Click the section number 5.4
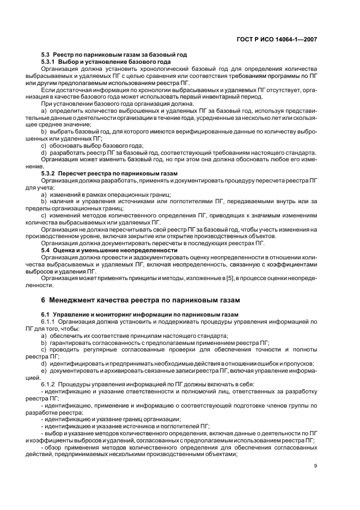click(47, 250)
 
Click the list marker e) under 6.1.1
click(44, 371)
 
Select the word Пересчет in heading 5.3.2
click(71, 173)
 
